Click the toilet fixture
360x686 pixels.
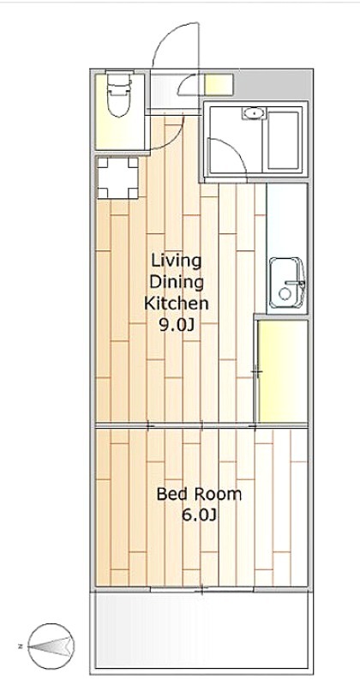pyautogui.click(x=119, y=95)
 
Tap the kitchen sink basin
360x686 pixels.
pyautogui.click(x=287, y=283)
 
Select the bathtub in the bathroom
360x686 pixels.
pyautogui.click(x=283, y=140)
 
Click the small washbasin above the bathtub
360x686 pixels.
pyautogui.click(x=253, y=113)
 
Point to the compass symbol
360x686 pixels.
pyautogui.click(x=51, y=646)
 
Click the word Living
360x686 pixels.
pyautogui.click(x=177, y=262)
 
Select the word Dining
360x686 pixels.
pyautogui.click(x=177, y=283)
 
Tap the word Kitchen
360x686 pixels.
pyautogui.click(x=177, y=304)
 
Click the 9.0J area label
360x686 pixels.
pyautogui.click(x=177, y=325)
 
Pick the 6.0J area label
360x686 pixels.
pyautogui.click(x=199, y=515)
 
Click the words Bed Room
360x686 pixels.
pyautogui.click(x=199, y=495)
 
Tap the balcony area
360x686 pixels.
pyautogui.click(x=201, y=630)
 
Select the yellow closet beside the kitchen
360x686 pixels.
pyautogui.click(x=283, y=371)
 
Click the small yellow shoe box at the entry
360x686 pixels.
pyautogui.click(x=219, y=84)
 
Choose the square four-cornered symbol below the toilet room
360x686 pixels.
pyautogui.click(x=117, y=178)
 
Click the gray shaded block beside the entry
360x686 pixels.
pyautogui.click(x=273, y=85)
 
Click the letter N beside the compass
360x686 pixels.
pyautogui.click(x=21, y=646)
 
